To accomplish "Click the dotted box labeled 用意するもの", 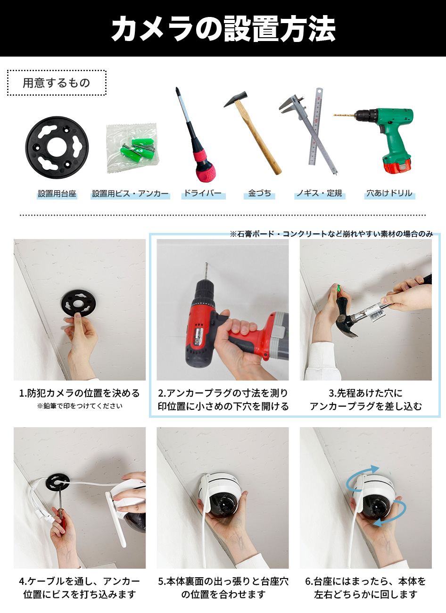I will pos(57,83).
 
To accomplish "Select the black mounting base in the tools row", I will pos(57,147).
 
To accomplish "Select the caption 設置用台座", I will pos(57,193).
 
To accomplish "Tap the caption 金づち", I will pos(259,193).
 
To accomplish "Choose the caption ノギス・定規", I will pos(319,193).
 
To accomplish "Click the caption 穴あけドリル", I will pos(389,193).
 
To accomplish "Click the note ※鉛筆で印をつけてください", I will pos(80,406).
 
